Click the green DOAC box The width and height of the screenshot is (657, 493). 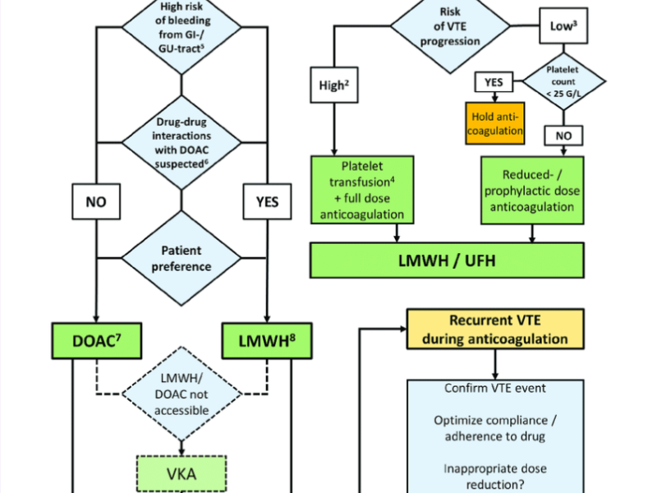click(x=96, y=339)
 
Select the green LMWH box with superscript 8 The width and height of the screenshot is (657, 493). click(x=268, y=339)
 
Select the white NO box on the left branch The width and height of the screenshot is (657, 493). click(x=96, y=200)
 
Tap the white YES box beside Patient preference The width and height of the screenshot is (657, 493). click(x=268, y=200)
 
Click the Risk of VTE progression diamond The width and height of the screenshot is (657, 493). click(x=447, y=25)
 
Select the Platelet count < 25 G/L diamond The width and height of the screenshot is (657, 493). click(x=563, y=82)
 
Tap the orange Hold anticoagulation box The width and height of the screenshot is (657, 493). click(x=496, y=122)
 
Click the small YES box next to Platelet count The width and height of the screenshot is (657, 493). click(x=494, y=82)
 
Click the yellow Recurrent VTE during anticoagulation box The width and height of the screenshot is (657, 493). click(x=495, y=328)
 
